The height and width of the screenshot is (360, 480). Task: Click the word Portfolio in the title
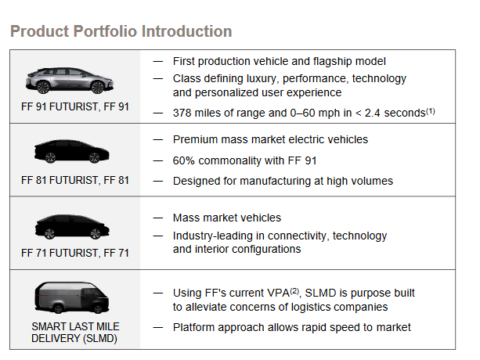[x=106, y=31]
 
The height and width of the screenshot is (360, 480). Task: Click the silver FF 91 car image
[x=70, y=81]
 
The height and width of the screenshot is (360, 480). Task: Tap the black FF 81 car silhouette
[x=71, y=151]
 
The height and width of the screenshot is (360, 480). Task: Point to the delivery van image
[x=72, y=297]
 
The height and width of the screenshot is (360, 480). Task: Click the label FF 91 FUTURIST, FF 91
[x=75, y=106]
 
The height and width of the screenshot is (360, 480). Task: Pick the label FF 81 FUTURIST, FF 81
[x=75, y=181]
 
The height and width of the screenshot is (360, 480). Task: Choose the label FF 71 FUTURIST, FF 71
[x=75, y=254]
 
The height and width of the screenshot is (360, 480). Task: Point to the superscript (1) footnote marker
[x=431, y=111]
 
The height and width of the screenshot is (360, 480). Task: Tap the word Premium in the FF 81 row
[x=195, y=139]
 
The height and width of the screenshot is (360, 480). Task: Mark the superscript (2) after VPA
[x=294, y=291]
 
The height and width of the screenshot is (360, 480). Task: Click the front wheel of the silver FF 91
[x=98, y=87]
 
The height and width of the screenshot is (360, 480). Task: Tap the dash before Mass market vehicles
[x=158, y=218]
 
